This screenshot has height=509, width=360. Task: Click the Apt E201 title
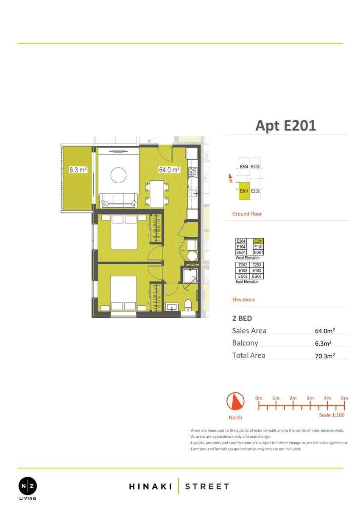point(285,126)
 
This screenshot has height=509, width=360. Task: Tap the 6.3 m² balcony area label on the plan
point(78,170)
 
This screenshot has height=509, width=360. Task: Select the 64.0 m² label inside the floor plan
point(170,170)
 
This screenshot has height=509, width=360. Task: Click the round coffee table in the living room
point(118,175)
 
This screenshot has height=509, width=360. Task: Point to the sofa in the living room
point(119,200)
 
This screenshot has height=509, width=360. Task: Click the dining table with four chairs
point(157,194)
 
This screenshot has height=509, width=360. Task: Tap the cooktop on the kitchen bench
point(193,172)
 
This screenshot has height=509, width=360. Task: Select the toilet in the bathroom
point(188,305)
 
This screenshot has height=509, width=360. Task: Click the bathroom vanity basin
point(172,307)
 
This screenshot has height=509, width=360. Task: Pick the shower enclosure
point(190,275)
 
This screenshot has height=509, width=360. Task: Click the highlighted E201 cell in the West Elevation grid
point(259,241)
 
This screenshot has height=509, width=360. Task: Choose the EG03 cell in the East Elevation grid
point(257,276)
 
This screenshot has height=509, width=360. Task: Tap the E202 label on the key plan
point(255,191)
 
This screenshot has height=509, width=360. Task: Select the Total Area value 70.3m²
point(325,356)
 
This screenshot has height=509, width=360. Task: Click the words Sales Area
point(249,330)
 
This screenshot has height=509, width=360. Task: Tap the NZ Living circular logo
point(28,486)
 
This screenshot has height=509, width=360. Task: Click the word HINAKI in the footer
point(151,487)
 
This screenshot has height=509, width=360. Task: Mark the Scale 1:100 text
point(332,415)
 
